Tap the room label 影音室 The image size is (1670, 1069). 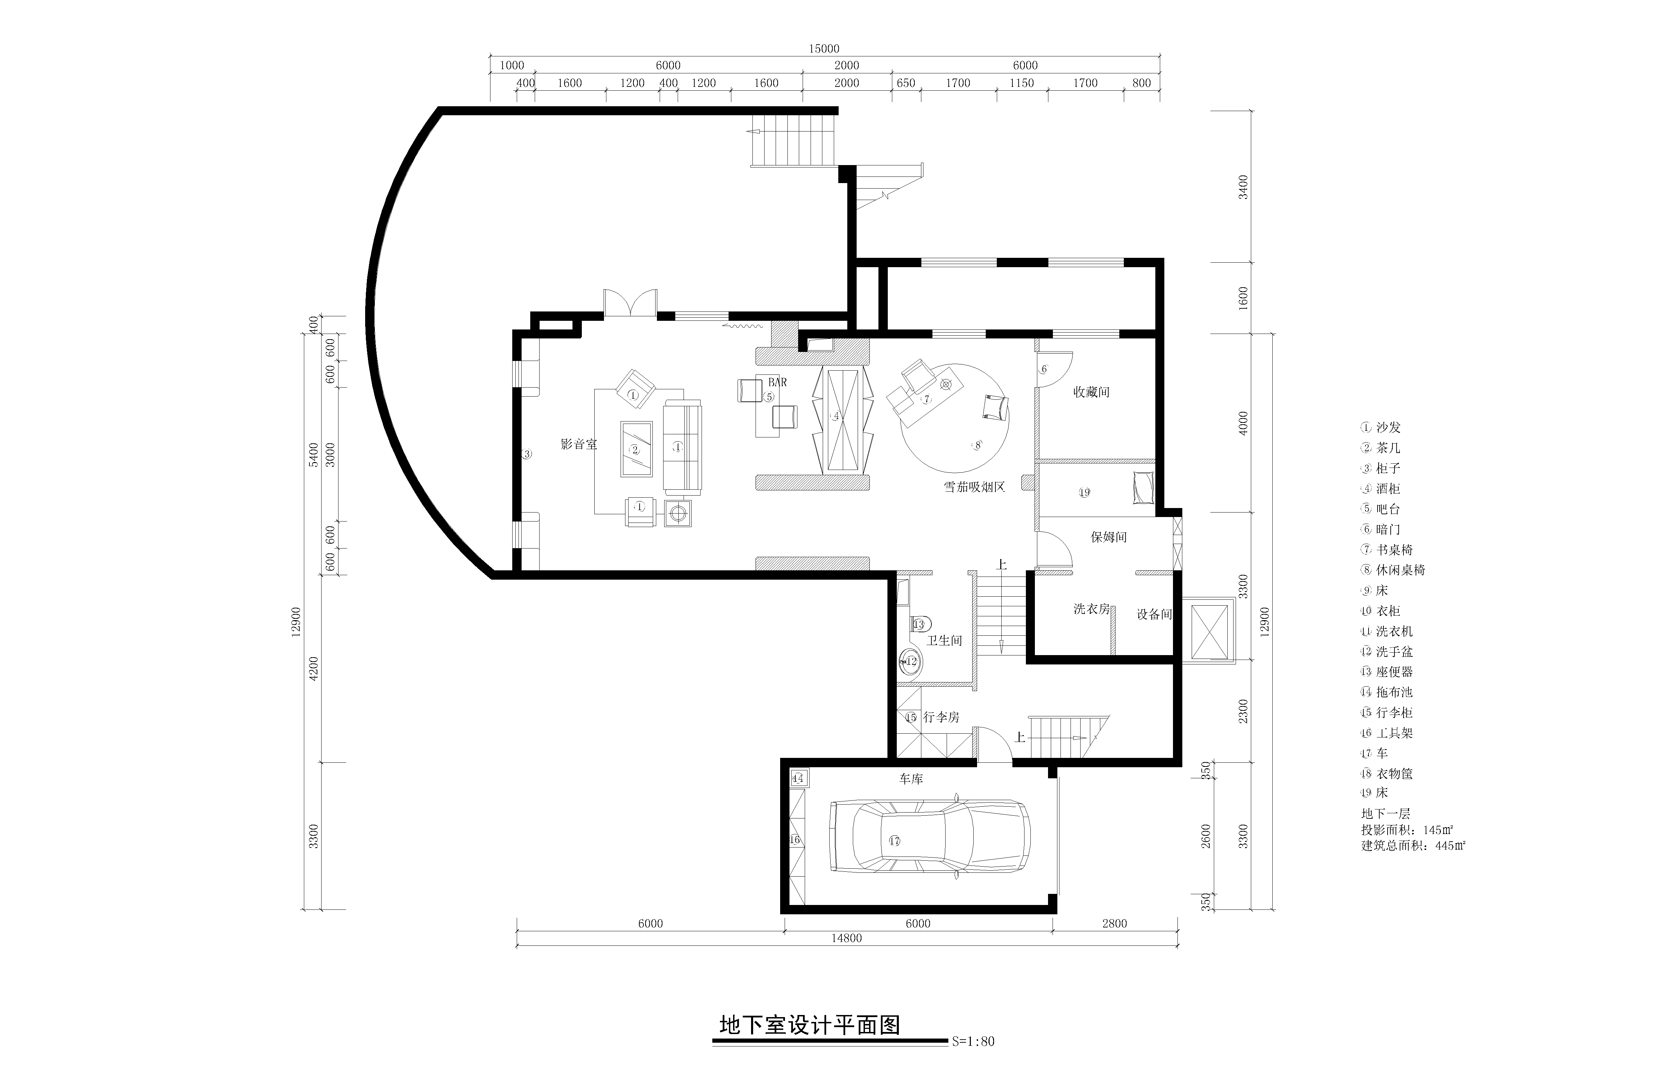coord(579,444)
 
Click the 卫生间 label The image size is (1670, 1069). coord(945,641)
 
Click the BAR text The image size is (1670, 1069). coord(777,382)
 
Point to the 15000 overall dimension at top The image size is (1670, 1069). coord(824,48)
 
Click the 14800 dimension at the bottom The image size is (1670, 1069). coord(847,939)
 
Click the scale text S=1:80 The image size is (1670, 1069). coord(973,1061)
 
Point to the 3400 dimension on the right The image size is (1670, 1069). coord(1243,187)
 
